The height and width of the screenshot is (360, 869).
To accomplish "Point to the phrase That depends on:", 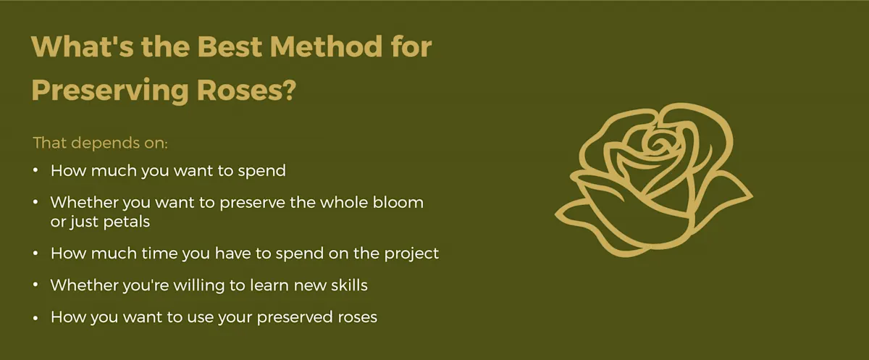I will (101, 142).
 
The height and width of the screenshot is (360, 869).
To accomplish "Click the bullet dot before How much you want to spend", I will (37, 172).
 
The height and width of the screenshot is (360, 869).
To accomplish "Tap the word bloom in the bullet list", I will (399, 202).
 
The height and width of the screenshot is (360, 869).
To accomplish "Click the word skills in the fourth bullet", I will (345, 285).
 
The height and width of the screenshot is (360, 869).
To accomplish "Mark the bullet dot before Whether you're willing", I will (37, 285).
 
